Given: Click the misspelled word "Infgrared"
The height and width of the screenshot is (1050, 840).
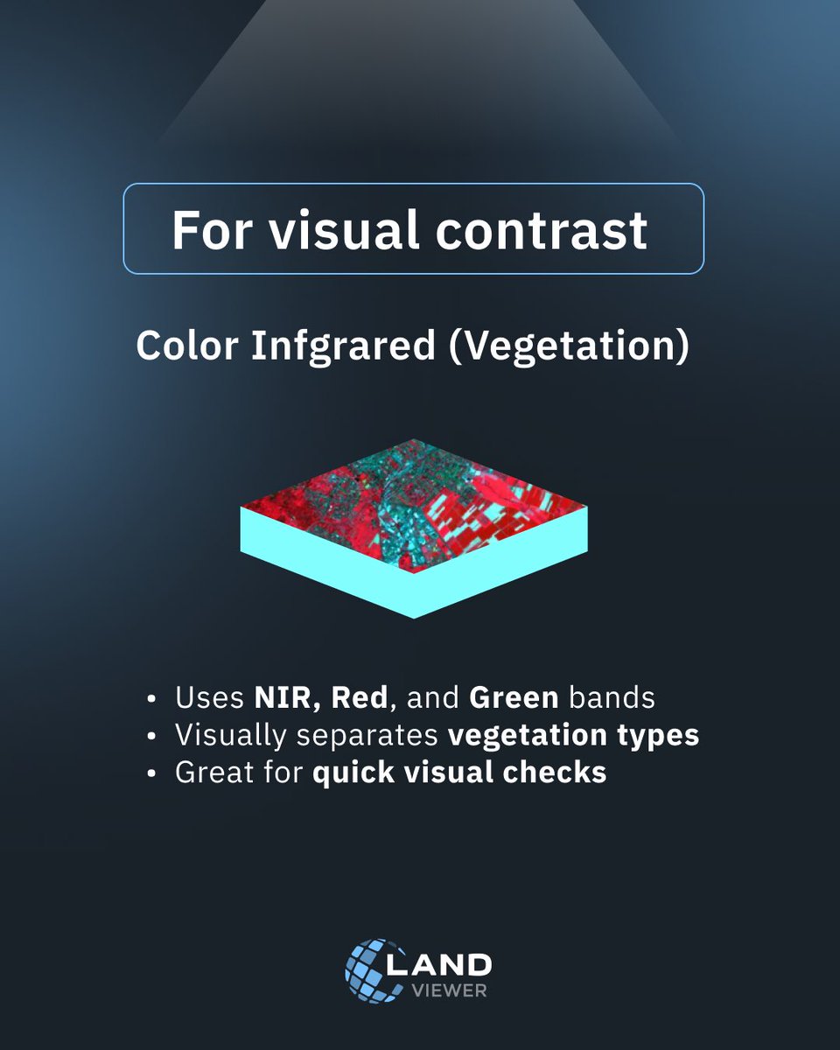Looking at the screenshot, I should pyautogui.click(x=343, y=346).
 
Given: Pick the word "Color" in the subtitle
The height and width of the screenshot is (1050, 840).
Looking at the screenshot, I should pyautogui.click(x=188, y=346).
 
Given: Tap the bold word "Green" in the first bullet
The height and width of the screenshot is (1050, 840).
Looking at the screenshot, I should pyautogui.click(x=514, y=698).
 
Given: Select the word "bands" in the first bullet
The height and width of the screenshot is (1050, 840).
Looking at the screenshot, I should pyautogui.click(x=612, y=698).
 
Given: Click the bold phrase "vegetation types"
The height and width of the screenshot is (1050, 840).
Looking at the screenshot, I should pyautogui.click(x=573, y=736).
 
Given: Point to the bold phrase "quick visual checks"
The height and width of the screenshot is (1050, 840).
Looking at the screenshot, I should pyautogui.click(x=459, y=773).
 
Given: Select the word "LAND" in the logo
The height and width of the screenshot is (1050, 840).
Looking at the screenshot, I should pyautogui.click(x=451, y=965).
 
